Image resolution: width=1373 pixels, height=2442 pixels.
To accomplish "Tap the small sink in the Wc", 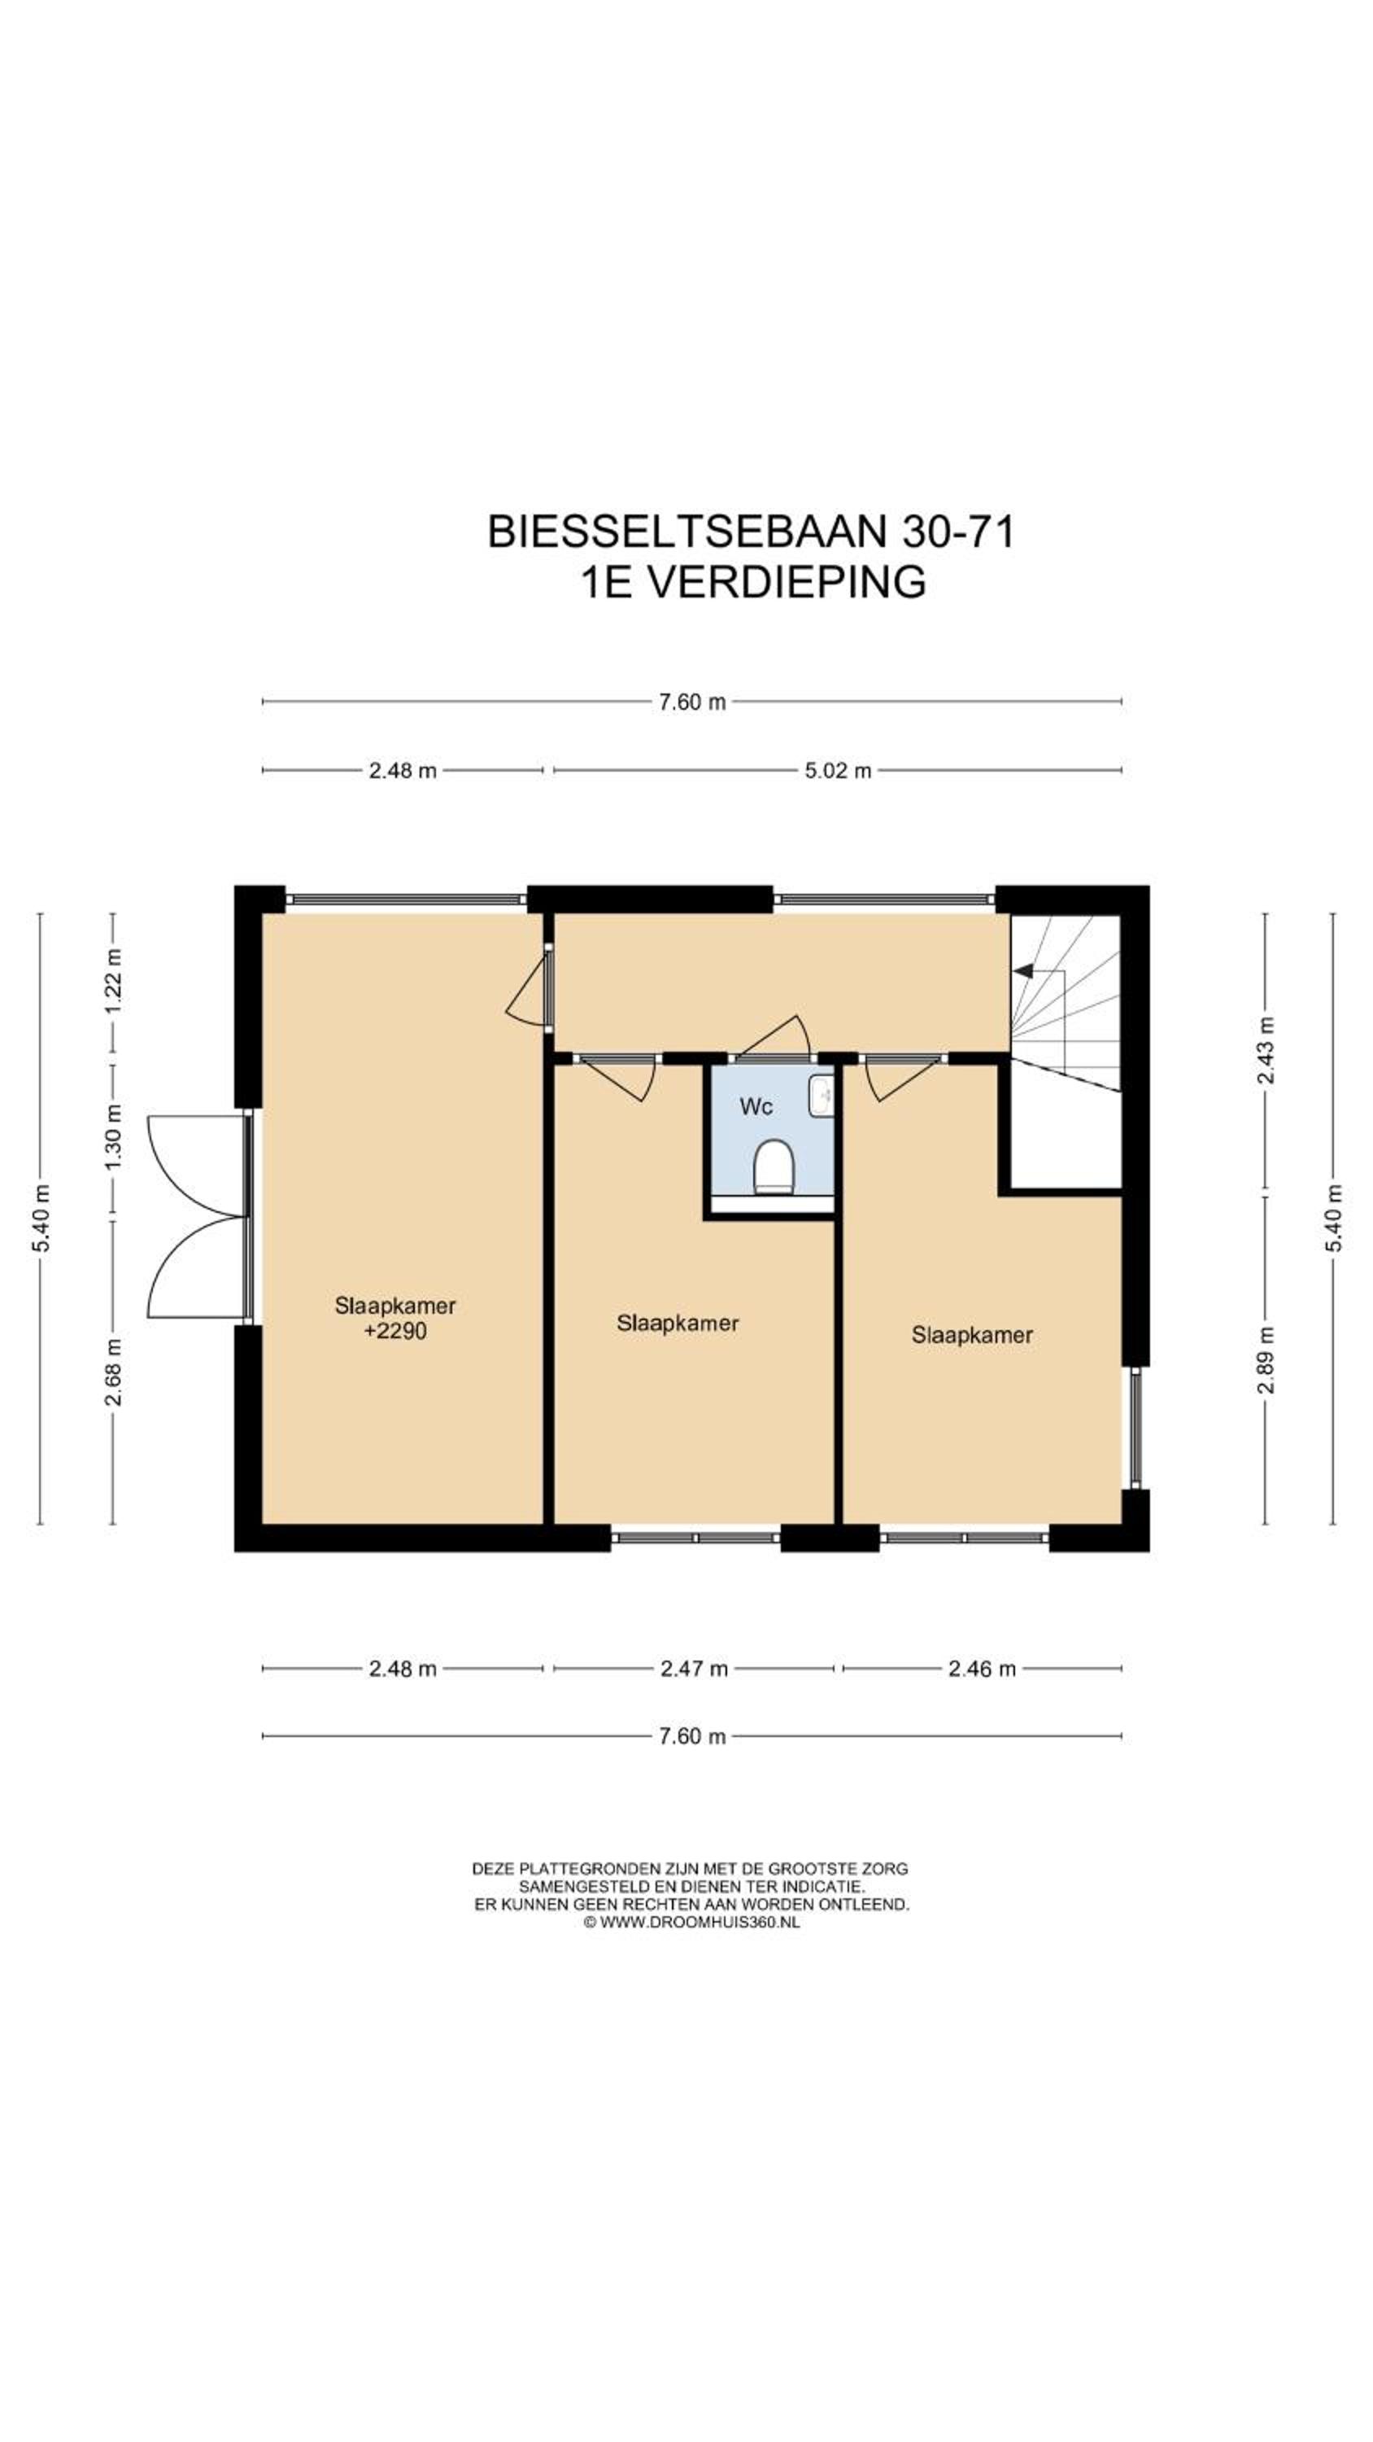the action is click(x=821, y=1096).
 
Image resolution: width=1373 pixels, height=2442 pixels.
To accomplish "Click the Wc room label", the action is click(x=756, y=1106).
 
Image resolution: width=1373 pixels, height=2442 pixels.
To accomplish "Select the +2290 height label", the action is click(x=395, y=1331).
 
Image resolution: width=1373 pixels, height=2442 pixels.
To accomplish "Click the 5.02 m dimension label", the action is click(x=838, y=770).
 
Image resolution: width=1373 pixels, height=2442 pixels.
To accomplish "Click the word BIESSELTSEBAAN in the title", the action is click(x=688, y=531).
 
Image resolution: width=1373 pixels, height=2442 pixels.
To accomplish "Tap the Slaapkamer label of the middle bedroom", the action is click(x=678, y=1324).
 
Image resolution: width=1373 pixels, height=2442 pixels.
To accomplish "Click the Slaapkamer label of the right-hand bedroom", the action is click(x=972, y=1335).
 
